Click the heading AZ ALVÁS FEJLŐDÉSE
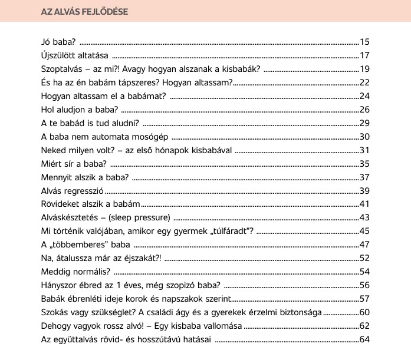pyautogui.click(x=86, y=11)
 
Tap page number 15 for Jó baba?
pyautogui.click(x=364, y=42)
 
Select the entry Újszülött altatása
pyautogui.click(x=74, y=55)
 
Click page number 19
pyautogui.click(x=364, y=69)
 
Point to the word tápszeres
pyautogui.click(x=138, y=82)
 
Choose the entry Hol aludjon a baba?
pyautogui.click(x=80, y=110)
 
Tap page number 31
pyautogui.click(x=364, y=150)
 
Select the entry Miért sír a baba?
pyautogui.click(x=74, y=164)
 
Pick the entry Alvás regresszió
pyautogui.click(x=73, y=191)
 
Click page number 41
pyautogui.click(x=364, y=204)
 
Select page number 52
pyautogui.click(x=364, y=258)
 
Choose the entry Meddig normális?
pyautogui.click(x=76, y=272)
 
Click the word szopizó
pyautogui.click(x=179, y=285)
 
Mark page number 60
pyautogui.click(x=364, y=312)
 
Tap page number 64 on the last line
pyautogui.click(x=364, y=339)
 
